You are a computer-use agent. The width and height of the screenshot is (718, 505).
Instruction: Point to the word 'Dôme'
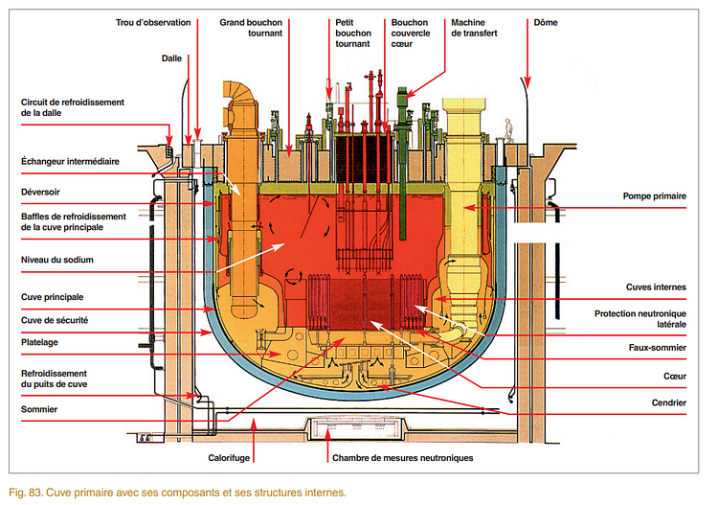[547, 21]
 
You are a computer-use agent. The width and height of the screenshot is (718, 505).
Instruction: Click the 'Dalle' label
[172, 57]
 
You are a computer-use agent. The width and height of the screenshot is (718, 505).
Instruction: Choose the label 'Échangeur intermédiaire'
[70, 161]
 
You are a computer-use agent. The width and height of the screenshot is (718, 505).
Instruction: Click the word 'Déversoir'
[43, 190]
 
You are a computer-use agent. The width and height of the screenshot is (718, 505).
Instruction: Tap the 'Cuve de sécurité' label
[56, 319]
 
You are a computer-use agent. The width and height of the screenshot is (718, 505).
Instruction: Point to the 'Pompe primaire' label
[654, 196]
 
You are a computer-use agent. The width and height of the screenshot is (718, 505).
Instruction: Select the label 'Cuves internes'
[654, 287]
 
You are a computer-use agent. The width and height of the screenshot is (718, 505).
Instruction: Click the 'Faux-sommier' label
[656, 348]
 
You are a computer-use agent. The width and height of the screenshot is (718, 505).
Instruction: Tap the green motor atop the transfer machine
[403, 95]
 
